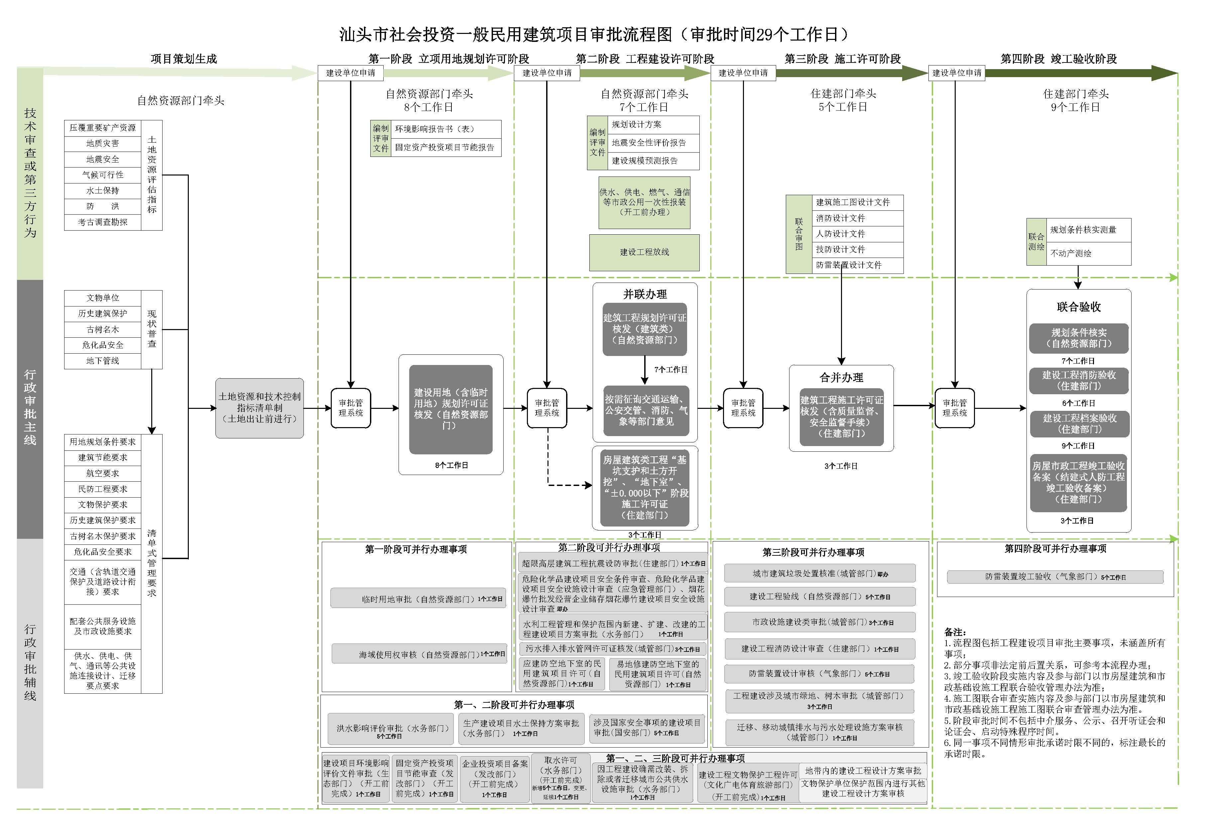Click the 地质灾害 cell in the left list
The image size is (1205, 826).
[103, 144]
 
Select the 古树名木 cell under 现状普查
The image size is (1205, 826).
[103, 330]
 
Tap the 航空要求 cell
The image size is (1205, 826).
[103, 473]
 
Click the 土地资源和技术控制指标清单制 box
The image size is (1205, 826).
[259, 408]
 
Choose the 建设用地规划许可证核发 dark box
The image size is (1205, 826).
[450, 409]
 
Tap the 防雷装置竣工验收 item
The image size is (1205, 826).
[1055, 577]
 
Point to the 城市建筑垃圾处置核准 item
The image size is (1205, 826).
[820, 573]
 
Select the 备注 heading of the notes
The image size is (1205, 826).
[955, 632]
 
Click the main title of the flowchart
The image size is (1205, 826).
[594, 34]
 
